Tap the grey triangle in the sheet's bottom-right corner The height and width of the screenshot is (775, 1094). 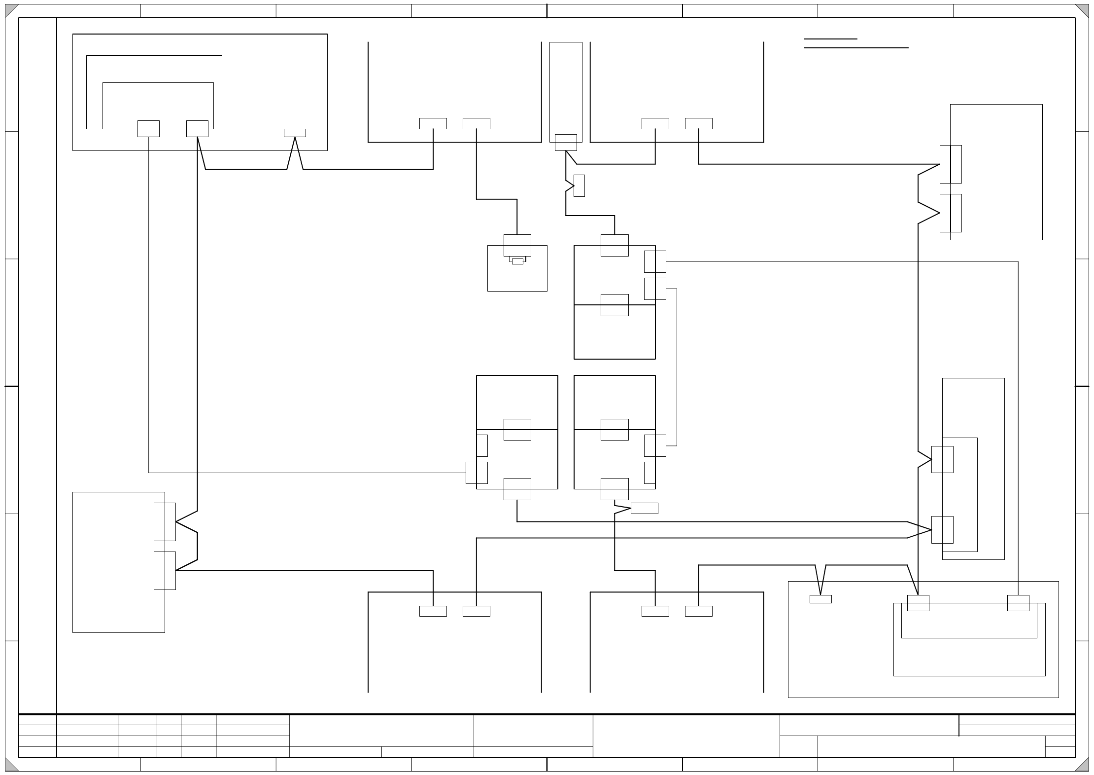click(x=1083, y=765)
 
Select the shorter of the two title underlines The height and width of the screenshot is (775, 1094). click(x=830, y=38)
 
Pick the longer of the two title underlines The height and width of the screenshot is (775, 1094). click(x=856, y=48)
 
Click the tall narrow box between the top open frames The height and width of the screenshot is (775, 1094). click(x=566, y=89)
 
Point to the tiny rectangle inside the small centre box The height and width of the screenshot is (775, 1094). click(x=517, y=261)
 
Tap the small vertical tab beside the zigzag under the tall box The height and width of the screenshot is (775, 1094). click(x=579, y=185)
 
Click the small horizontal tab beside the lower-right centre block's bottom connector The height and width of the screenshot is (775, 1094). click(x=644, y=508)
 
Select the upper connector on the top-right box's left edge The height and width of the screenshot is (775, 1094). click(x=951, y=164)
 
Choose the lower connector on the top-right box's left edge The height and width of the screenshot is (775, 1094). click(x=951, y=213)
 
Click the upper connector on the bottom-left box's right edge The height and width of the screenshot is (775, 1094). click(x=165, y=522)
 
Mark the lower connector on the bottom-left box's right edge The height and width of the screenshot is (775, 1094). click(x=165, y=571)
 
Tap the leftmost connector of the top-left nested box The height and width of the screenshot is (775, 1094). click(x=148, y=129)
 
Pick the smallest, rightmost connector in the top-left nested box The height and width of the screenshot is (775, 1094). click(x=295, y=133)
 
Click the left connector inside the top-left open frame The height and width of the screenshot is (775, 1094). click(x=433, y=123)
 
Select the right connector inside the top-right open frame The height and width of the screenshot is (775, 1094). click(x=699, y=123)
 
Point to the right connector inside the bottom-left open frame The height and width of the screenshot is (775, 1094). click(x=477, y=611)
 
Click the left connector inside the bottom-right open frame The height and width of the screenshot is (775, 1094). click(x=655, y=611)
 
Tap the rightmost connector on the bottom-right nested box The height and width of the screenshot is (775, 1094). click(x=1018, y=603)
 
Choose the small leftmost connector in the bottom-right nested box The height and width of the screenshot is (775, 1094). click(x=820, y=599)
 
